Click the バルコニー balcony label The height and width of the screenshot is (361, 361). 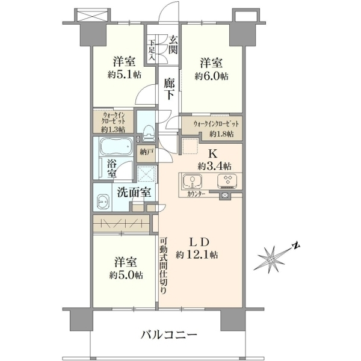coord(169,335)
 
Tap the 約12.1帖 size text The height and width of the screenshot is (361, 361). coord(197,255)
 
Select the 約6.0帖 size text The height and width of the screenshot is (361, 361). coord(212,76)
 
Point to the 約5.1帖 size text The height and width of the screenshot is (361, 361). coord(125,75)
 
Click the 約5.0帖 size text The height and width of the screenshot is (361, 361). coord(126,275)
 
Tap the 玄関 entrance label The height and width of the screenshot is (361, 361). coord(173,45)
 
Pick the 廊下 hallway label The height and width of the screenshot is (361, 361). coord(169,89)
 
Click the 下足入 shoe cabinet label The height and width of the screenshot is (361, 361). coord(151,51)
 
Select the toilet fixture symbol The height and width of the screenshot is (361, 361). coord(149,134)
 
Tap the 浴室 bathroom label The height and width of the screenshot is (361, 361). coord(112,168)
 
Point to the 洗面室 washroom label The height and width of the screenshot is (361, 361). coord(134,193)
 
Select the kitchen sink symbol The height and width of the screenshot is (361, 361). coord(193,181)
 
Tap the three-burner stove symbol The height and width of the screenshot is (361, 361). coord(227,181)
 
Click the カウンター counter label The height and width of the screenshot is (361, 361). coord(196,194)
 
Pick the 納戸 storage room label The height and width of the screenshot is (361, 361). coord(146,152)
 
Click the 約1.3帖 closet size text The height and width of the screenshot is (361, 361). coord(113,129)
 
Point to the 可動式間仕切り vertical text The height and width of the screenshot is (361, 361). coord(163,266)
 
